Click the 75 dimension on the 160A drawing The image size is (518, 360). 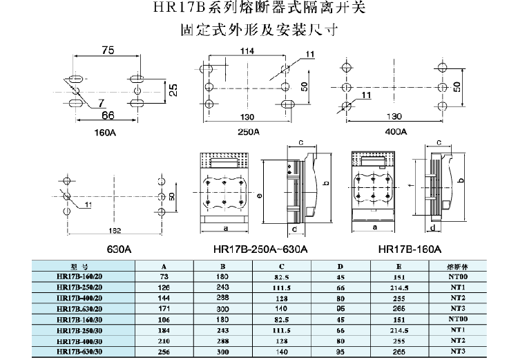tap(108, 50)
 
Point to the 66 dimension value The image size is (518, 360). tap(108, 114)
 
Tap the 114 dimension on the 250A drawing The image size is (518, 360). tap(247, 50)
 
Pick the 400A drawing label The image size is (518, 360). tap(395, 131)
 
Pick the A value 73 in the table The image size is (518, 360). tap(163, 275)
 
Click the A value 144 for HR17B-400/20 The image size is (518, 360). tap(163, 296)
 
